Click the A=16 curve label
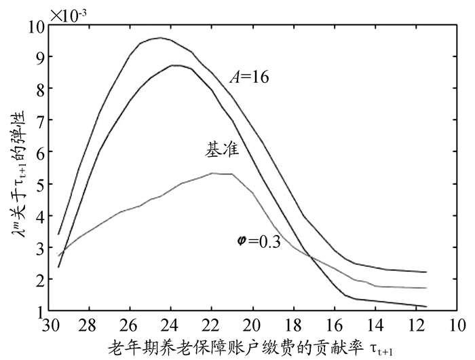(x=249, y=77)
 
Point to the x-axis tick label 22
(x=212, y=325)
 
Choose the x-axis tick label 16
(x=334, y=325)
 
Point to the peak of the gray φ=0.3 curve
(x=213, y=173)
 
